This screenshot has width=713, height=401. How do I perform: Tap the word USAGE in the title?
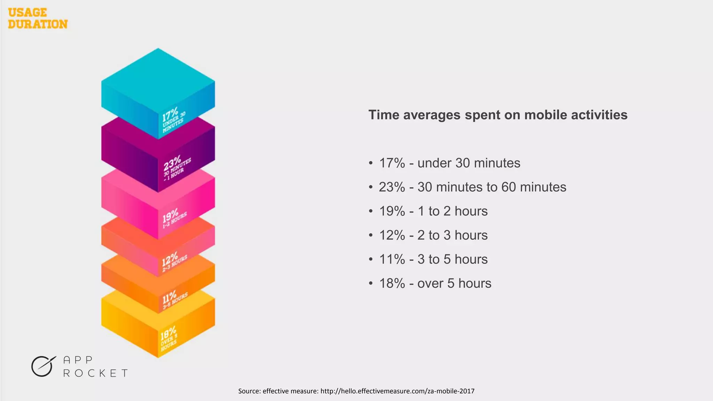pyautogui.click(x=28, y=13)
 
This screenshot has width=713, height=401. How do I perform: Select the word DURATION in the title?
pyautogui.click(x=38, y=24)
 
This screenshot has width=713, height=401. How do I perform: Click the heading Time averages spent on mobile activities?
pyautogui.click(x=498, y=115)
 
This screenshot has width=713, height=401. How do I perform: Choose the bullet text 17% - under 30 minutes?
pyautogui.click(x=449, y=163)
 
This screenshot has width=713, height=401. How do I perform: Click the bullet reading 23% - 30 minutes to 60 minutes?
pyautogui.click(x=472, y=187)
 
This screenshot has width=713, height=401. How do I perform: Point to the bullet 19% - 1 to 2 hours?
pyautogui.click(x=433, y=211)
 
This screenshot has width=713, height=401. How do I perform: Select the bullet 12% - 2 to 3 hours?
pyautogui.click(x=433, y=235)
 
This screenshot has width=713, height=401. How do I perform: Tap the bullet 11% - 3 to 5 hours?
pyautogui.click(x=433, y=259)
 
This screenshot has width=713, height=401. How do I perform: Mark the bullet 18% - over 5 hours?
pyautogui.click(x=435, y=283)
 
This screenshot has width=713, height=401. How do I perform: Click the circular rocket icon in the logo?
pyautogui.click(x=42, y=366)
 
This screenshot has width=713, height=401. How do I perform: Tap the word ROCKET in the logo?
pyautogui.click(x=95, y=373)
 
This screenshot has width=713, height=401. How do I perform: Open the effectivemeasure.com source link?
pyautogui.click(x=397, y=391)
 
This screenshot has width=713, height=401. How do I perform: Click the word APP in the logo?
pyautogui.click(x=78, y=360)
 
